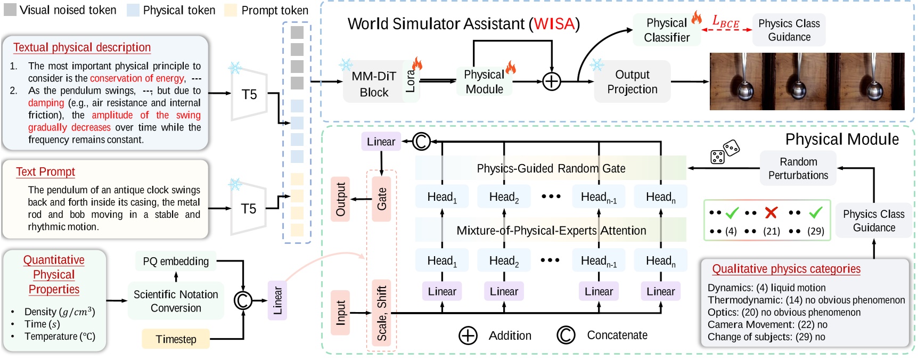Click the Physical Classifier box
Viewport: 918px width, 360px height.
[666, 30]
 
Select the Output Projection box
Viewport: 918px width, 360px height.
[632, 82]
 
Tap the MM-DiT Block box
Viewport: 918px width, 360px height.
[374, 84]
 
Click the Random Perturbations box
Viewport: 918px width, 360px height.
[798, 168]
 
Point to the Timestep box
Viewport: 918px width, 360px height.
[176, 339]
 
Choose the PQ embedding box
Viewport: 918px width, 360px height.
[176, 261]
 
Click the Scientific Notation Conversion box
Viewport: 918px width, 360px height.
[176, 301]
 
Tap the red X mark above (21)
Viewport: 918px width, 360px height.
[771, 213]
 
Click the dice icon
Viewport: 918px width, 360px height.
[725, 151]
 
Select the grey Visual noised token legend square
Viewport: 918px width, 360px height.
[10, 10]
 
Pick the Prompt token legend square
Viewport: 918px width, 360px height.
[230, 10]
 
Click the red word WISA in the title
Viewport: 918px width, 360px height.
[554, 24]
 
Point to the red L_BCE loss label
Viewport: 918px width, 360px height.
[726, 22]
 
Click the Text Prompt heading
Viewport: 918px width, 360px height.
[45, 172]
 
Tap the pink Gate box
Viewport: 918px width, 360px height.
[381, 199]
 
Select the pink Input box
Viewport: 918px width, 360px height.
[340, 313]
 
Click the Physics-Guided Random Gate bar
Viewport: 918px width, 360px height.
[551, 168]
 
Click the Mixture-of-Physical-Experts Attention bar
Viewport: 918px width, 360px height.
[551, 230]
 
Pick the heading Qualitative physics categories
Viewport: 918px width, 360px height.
[786, 269]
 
